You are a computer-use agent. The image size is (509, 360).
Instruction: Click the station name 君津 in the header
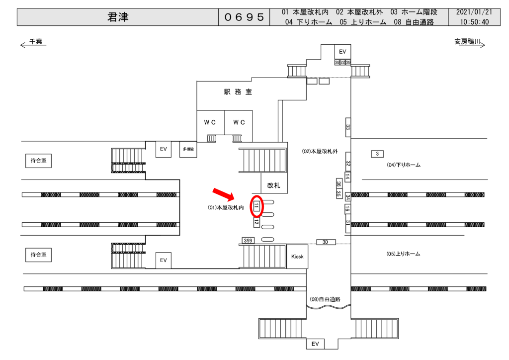[x=118, y=17]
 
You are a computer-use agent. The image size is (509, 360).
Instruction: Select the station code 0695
[x=244, y=17]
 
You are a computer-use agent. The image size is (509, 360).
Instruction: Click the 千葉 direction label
[x=35, y=42]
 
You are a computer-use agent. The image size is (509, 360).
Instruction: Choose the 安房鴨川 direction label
[x=467, y=42]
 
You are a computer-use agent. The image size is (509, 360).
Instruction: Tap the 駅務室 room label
[x=238, y=92]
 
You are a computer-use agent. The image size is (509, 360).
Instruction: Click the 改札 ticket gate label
[x=274, y=185]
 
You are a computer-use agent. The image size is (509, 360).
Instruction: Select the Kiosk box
[x=297, y=256]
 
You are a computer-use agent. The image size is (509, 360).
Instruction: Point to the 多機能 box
[x=188, y=149]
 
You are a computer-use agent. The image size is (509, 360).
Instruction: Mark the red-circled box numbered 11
[x=256, y=206]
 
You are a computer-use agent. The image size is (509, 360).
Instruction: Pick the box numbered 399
[x=248, y=241]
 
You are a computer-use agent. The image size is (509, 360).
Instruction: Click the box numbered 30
[x=325, y=242]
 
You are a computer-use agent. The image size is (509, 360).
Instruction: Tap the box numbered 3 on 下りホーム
[x=377, y=154]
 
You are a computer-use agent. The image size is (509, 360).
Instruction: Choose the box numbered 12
[x=256, y=222]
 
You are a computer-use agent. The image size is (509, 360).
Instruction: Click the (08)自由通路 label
[x=325, y=299]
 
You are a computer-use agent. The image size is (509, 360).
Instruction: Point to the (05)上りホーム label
[x=403, y=254]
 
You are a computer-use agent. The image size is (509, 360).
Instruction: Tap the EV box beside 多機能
[x=163, y=149]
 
